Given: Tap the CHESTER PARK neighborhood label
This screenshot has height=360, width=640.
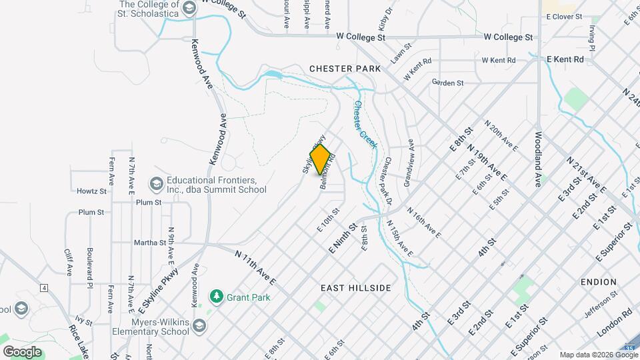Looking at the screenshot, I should tap(345, 69).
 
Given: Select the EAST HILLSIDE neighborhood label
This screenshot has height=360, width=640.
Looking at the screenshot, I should tap(355, 287).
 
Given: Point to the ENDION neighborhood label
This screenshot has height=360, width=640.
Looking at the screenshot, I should tap(598, 282).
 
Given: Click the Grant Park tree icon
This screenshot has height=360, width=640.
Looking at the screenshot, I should tap(216, 295).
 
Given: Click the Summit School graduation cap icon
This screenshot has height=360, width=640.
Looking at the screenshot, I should tap(156, 183).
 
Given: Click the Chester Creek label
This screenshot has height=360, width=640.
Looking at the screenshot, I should tap(365, 125).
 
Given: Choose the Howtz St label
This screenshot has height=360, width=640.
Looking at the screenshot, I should tap(91, 191).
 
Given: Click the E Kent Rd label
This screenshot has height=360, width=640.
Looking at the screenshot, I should tap(565, 59).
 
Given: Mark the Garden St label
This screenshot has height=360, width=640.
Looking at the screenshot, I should tap(447, 83).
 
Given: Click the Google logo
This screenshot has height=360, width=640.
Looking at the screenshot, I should tap(22, 351).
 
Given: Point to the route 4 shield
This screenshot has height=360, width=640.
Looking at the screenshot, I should tap(44, 288).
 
